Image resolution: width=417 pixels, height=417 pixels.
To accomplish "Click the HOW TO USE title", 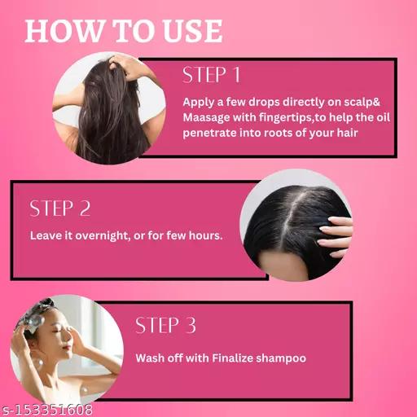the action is (124, 31).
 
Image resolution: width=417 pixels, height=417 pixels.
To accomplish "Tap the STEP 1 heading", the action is (212, 75).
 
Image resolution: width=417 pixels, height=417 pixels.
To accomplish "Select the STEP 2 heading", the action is (60, 208).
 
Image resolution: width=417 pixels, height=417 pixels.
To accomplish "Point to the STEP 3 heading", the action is (165, 325).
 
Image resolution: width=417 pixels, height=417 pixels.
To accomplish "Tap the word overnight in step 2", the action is (101, 236).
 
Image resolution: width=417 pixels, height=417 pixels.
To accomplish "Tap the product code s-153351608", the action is (46, 410).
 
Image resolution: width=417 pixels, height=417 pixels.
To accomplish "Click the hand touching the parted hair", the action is (336, 235).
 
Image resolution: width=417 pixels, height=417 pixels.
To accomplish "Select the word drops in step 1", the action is (264, 103).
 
